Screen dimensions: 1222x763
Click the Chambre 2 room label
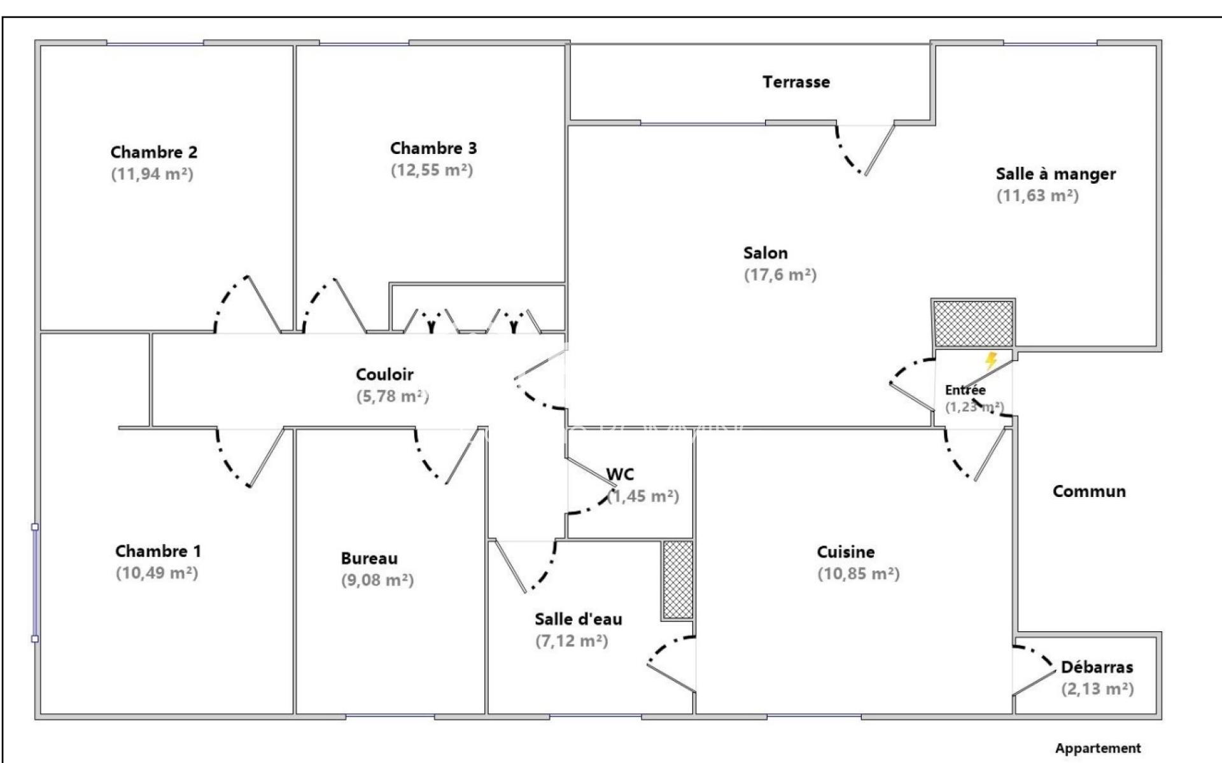click(154, 152)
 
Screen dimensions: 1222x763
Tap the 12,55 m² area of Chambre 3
click(432, 170)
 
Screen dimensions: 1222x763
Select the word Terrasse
click(796, 81)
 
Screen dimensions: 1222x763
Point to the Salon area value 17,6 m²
click(780, 274)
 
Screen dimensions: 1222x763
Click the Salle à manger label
click(1056, 174)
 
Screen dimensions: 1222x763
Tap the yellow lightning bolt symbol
click(991, 361)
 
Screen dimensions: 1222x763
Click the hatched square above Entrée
click(973, 323)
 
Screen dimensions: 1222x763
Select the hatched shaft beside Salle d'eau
click(678, 579)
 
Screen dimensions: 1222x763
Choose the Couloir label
click(384, 374)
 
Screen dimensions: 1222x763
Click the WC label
click(620, 474)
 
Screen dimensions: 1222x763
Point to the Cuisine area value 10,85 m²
click(859, 573)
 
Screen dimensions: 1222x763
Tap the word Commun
click(1089, 491)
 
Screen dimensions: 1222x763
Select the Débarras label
click(1097, 667)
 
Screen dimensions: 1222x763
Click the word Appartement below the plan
click(1098, 748)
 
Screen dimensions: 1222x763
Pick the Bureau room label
click(369, 558)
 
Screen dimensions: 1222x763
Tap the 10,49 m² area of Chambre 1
click(157, 573)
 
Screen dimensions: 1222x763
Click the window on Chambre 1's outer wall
click(35, 582)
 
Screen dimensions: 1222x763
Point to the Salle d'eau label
click(579, 619)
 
